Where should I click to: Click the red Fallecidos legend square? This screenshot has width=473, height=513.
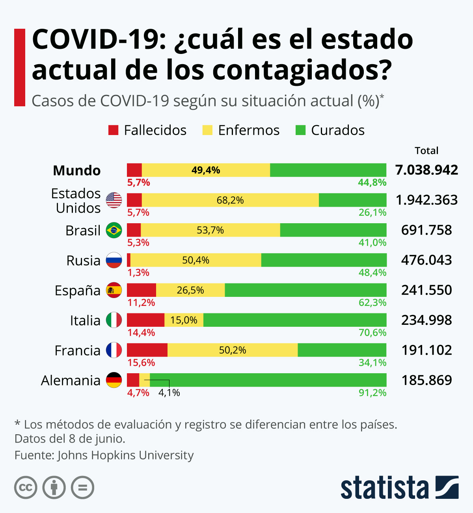tap(113, 130)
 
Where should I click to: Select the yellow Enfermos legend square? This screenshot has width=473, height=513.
tap(207, 130)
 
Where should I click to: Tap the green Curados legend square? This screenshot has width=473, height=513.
tap(300, 130)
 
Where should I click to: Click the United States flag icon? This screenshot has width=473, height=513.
tap(114, 200)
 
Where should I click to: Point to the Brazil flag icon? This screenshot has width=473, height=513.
tap(114, 230)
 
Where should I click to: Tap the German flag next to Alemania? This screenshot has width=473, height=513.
tap(114, 380)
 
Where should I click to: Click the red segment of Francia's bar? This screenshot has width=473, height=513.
tap(147, 350)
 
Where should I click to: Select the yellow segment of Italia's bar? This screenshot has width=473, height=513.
tap(184, 320)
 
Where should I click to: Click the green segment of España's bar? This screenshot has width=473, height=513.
tap(305, 290)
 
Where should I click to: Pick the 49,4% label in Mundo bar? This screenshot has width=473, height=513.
tap(206, 170)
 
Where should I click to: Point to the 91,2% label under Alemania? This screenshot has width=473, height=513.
tap(372, 393)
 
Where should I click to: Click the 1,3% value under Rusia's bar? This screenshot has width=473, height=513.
tap(138, 272)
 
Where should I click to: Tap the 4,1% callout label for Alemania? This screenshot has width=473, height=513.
tap(169, 393)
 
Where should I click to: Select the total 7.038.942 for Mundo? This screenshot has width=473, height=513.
tap(426, 170)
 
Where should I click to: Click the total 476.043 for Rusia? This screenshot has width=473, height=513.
tap(426, 260)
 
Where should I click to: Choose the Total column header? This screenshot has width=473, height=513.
tap(426, 151)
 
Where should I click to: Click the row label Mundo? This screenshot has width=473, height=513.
tap(77, 170)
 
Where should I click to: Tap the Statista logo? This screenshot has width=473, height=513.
tap(399, 488)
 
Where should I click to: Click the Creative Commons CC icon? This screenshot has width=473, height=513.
tap(26, 488)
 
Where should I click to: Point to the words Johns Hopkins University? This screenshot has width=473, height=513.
tap(125, 455)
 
